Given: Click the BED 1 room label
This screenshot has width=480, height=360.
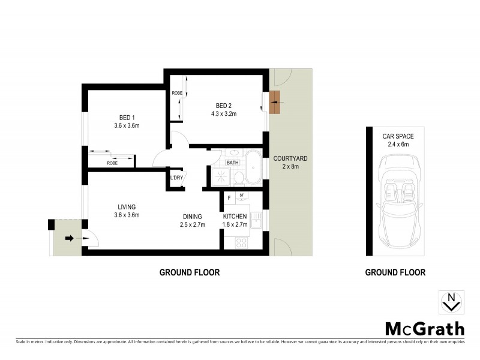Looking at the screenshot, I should (127, 117).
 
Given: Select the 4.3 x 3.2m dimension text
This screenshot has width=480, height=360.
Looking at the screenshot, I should (223, 113).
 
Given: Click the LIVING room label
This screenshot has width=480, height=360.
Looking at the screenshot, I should (127, 206).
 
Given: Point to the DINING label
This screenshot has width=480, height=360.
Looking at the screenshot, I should (193, 217).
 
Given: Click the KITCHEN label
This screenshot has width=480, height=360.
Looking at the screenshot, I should (235, 217).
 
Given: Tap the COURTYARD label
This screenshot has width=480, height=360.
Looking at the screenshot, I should (290, 158).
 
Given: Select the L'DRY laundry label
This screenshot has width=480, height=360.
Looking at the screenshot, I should (176, 178).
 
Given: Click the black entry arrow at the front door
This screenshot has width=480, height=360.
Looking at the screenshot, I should (69, 239).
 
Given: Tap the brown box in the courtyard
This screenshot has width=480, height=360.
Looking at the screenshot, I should (275, 102).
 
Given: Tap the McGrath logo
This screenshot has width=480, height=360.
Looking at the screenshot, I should (424, 328).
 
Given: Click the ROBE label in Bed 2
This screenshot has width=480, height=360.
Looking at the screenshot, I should (177, 94).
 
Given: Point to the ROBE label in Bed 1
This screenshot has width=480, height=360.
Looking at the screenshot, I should (112, 163).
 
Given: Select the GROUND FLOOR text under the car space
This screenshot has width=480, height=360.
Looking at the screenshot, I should (395, 272).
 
